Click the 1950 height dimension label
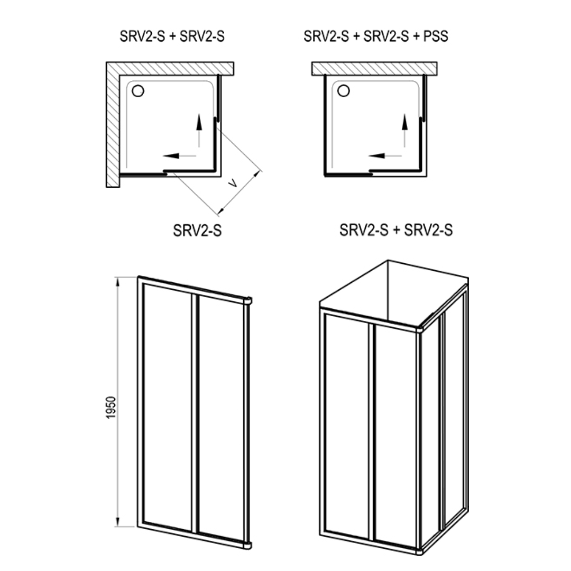[x=111, y=408]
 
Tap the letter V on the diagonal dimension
[x=232, y=183]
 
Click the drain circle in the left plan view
[x=137, y=91]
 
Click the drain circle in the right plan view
[x=344, y=91]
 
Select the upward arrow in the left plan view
[x=199, y=131]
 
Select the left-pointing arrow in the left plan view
[x=180, y=156]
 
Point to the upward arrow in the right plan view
[x=404, y=131]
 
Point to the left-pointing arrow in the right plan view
[x=385, y=156]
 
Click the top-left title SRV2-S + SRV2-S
[x=172, y=36]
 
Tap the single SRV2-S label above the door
[x=197, y=231]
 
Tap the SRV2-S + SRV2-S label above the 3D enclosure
[x=396, y=230]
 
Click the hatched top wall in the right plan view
[x=374, y=68]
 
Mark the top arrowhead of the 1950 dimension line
[x=117, y=282]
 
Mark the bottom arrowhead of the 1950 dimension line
[x=117, y=521]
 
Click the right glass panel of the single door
[x=221, y=418]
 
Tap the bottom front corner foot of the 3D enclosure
[x=419, y=550]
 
